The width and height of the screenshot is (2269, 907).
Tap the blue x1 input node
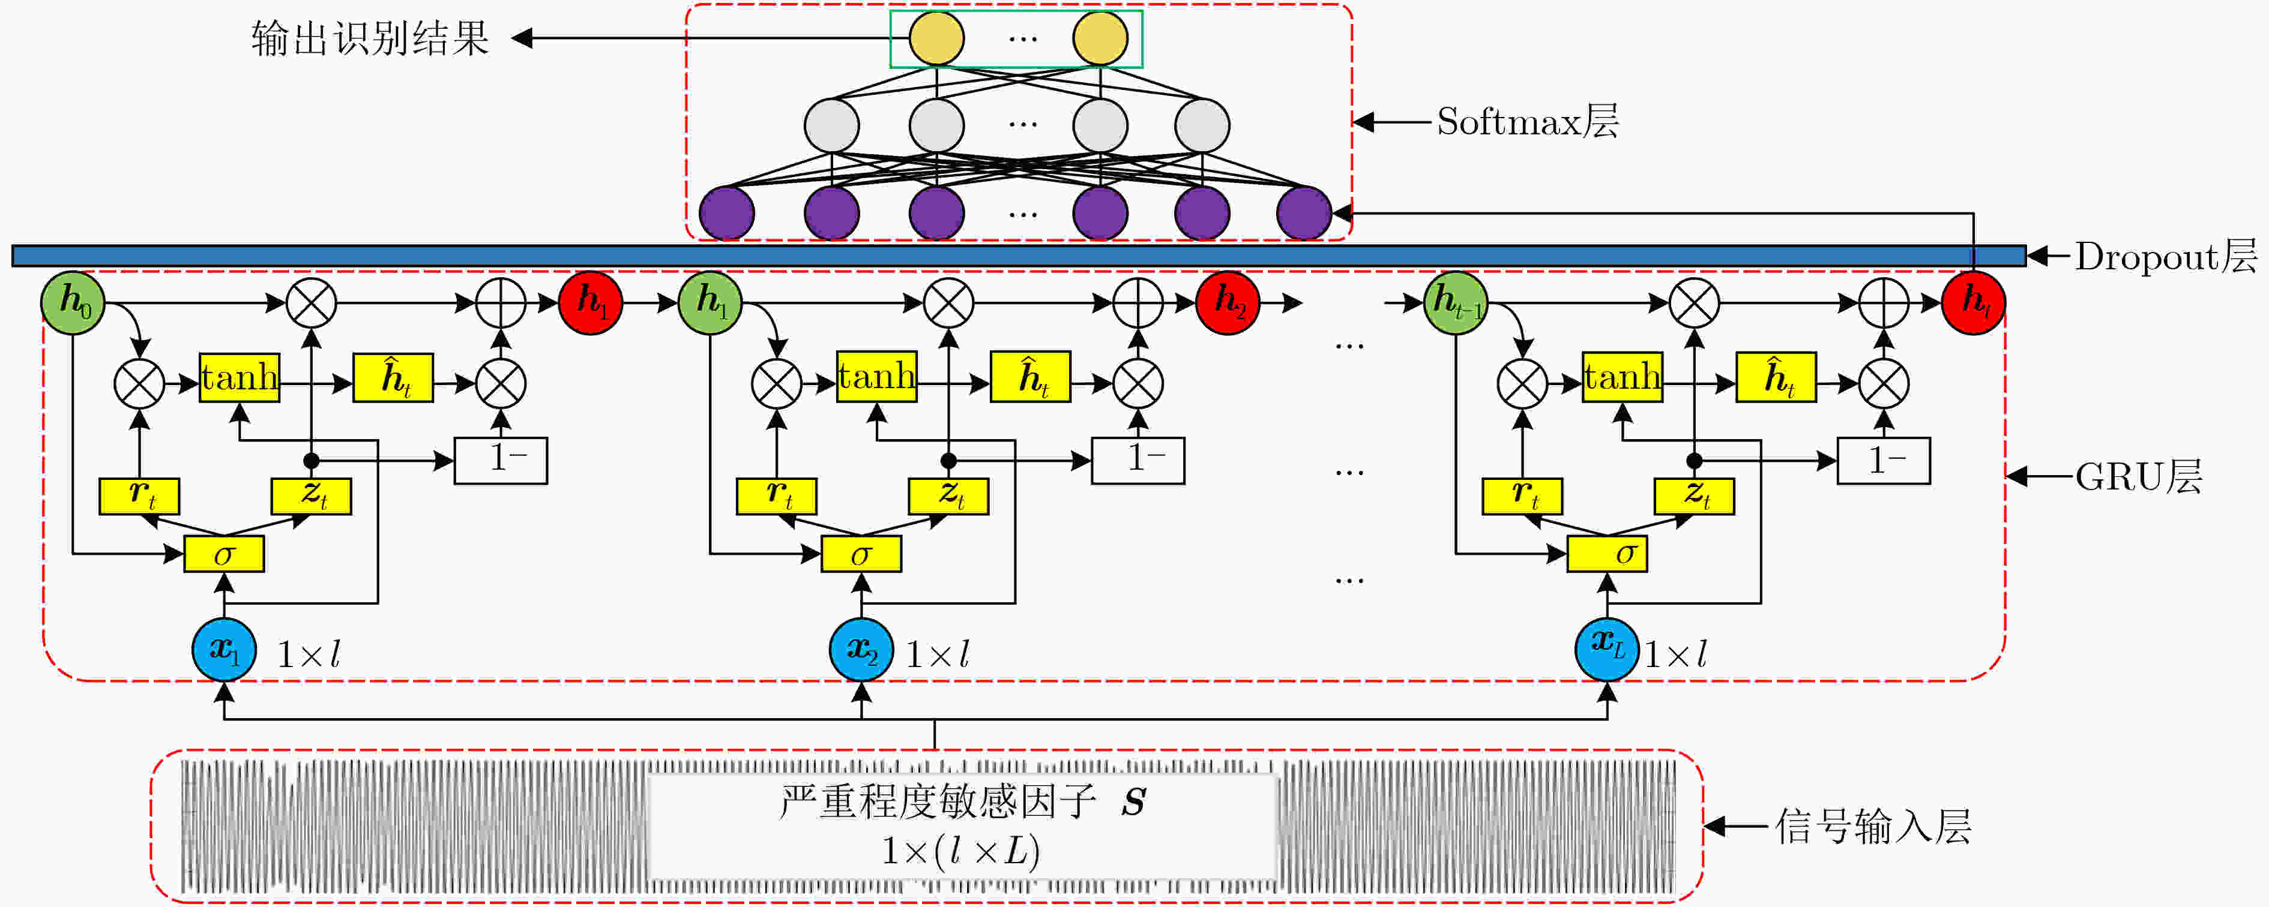(x=224, y=650)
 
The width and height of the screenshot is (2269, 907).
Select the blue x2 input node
(x=861, y=650)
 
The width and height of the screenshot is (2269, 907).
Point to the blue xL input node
(x=1608, y=650)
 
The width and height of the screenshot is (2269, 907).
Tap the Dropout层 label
(x=2166, y=256)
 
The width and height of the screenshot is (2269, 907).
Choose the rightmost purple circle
(x=1304, y=213)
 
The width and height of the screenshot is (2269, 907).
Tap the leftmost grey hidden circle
(x=831, y=125)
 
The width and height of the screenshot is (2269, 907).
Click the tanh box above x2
(x=876, y=377)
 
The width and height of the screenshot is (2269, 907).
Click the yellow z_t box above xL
(x=1694, y=495)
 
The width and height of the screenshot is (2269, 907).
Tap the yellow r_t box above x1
(x=139, y=495)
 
